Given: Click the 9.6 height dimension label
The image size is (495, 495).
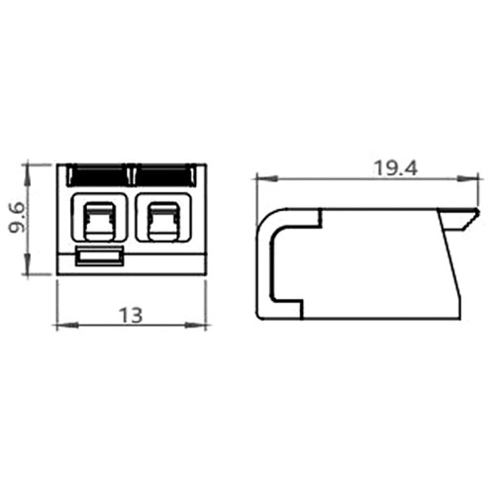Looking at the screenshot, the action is [17, 218].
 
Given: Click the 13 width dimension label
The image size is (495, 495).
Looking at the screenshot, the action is [131, 315].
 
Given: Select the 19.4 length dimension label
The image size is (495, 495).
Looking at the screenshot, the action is [395, 168].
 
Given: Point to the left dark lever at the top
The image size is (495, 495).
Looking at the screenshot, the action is [98, 175].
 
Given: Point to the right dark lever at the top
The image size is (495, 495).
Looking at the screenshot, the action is [163, 175].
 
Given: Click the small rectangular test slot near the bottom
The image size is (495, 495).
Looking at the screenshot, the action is [100, 255].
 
